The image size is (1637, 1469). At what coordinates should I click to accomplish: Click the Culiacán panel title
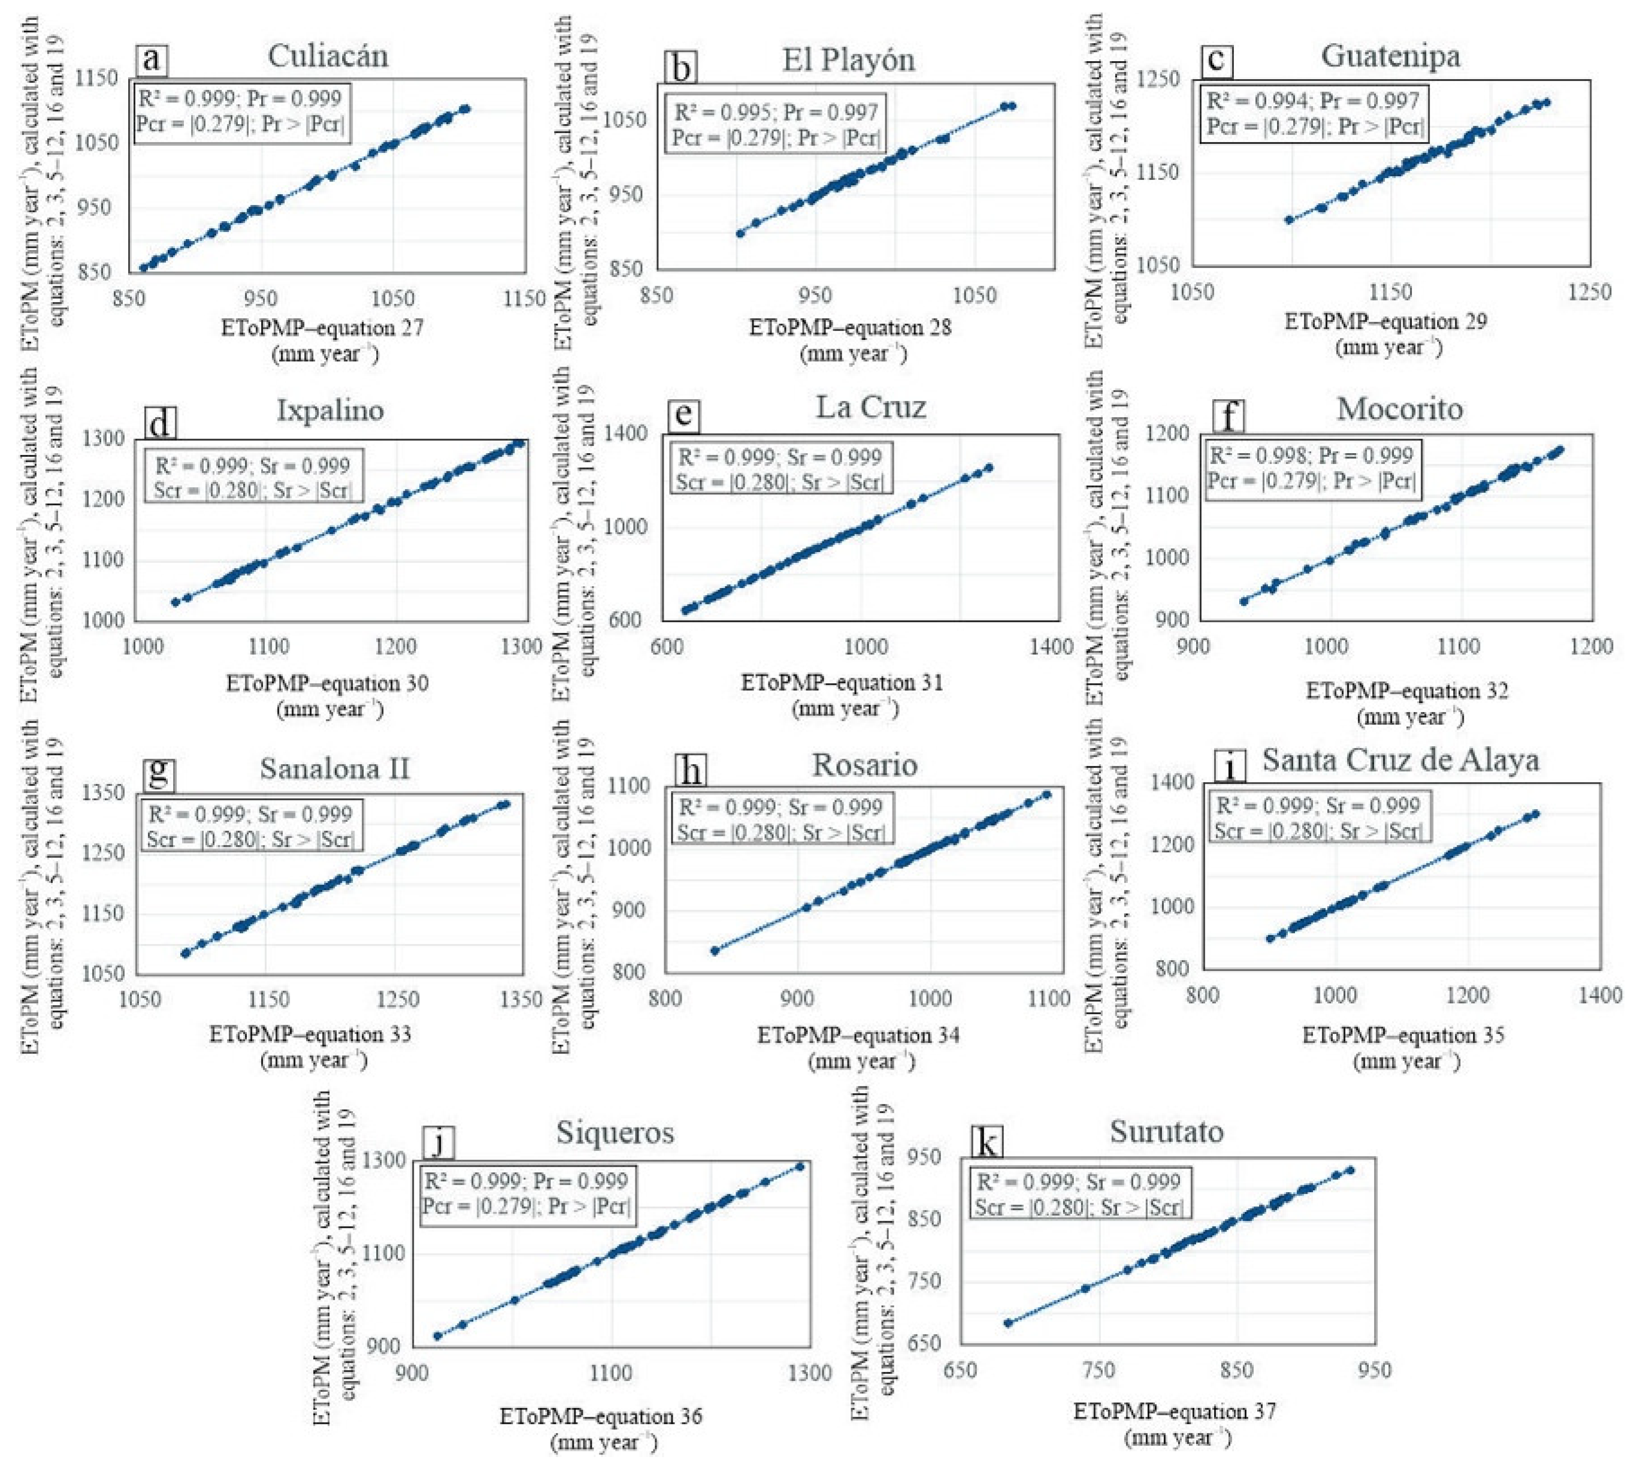point(328,56)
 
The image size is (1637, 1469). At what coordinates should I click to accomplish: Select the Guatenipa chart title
point(1390,56)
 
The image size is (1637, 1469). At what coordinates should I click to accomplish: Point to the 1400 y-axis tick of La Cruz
point(625,433)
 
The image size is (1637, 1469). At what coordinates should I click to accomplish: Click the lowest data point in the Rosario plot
point(714,951)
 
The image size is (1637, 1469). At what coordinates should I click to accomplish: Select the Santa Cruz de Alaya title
point(1400,761)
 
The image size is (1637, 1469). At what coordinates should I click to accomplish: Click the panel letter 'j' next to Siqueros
point(438,1143)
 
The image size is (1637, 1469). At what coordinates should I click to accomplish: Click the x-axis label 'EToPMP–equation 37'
point(1175,1411)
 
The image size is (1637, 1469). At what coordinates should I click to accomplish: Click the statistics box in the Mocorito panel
point(1311,468)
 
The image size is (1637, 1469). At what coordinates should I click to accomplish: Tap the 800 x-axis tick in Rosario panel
point(665,999)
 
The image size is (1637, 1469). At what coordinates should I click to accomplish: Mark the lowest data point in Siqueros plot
point(438,1336)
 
